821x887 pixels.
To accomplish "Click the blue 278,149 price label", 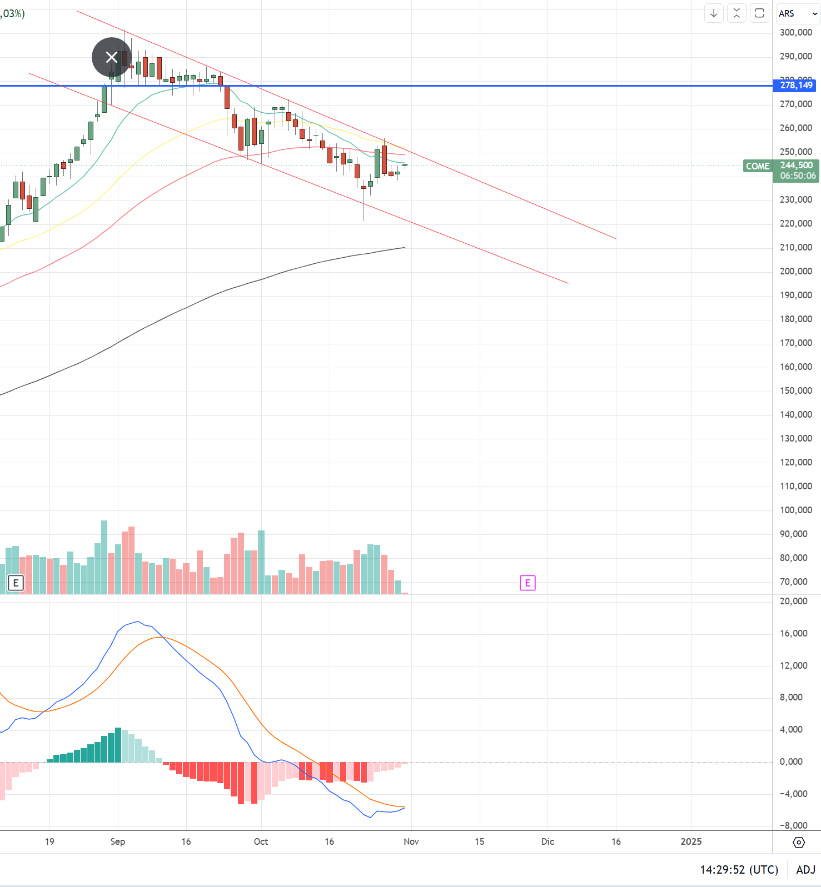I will tap(795, 86).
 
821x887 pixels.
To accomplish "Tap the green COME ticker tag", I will tap(757, 166).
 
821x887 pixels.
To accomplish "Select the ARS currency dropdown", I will tap(798, 13).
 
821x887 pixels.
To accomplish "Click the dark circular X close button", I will tap(112, 57).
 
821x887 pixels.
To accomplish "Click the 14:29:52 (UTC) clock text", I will tap(739, 870).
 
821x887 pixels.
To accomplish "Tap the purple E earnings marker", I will tap(528, 583).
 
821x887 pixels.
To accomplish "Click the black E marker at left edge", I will tap(16, 583).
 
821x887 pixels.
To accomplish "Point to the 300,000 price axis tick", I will tap(795, 33).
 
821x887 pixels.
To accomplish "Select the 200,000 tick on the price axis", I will tap(795, 272).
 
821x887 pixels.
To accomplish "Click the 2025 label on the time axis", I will tap(691, 841).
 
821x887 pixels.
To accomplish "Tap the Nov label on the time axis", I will tap(411, 841).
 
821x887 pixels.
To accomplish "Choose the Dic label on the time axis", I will tap(548, 841).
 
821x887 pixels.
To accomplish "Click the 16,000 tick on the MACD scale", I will tap(793, 634).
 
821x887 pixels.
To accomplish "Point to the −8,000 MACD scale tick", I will tap(793, 826).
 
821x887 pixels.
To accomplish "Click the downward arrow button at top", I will tap(714, 13).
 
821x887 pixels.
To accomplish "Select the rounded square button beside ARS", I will tap(759, 13).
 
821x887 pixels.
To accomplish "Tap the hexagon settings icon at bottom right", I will tap(799, 843).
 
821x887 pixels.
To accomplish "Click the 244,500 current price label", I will tap(796, 166).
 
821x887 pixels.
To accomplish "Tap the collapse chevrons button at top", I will tap(737, 13).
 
